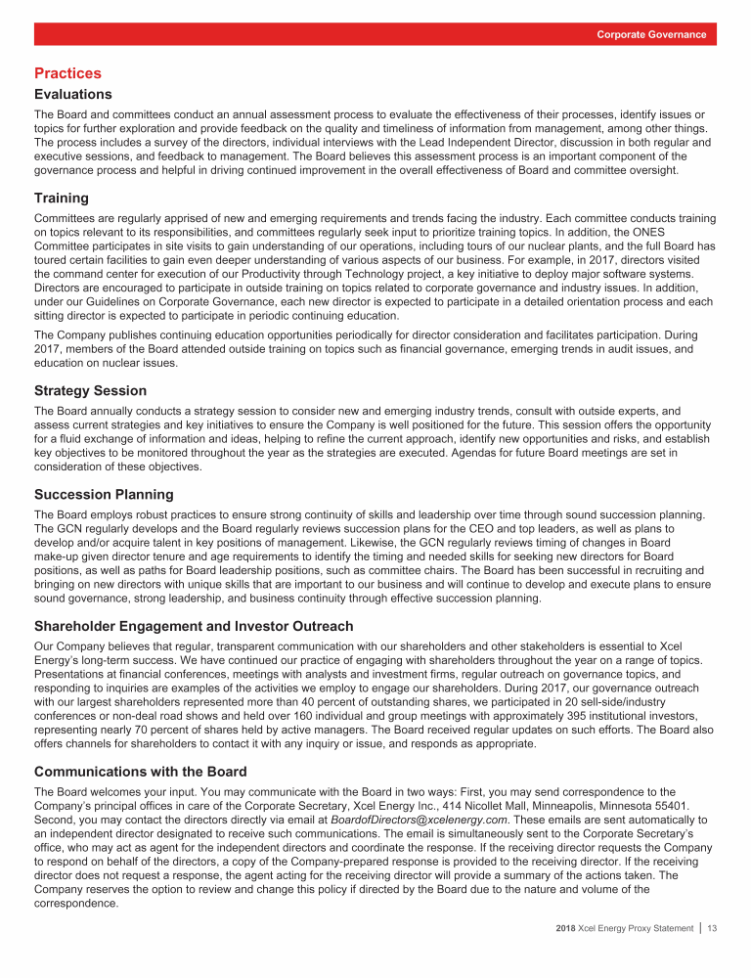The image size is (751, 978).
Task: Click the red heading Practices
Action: click(x=67, y=73)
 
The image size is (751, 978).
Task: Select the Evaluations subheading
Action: click(x=73, y=95)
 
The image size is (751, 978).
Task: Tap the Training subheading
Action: click(x=62, y=198)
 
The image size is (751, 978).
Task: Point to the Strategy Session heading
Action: click(x=90, y=390)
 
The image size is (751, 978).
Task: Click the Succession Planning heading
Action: click(x=104, y=494)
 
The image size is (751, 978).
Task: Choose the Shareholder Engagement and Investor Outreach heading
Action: click(x=194, y=626)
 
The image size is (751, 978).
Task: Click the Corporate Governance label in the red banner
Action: click(x=652, y=34)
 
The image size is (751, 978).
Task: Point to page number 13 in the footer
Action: click(x=712, y=956)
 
